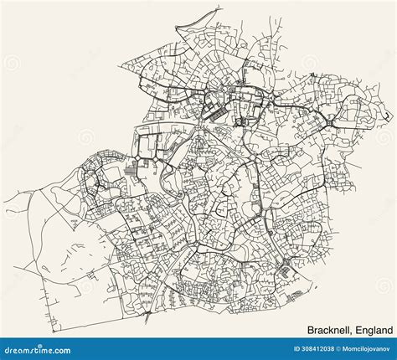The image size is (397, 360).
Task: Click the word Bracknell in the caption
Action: point(307,321)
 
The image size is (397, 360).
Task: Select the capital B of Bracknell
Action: point(287,321)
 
